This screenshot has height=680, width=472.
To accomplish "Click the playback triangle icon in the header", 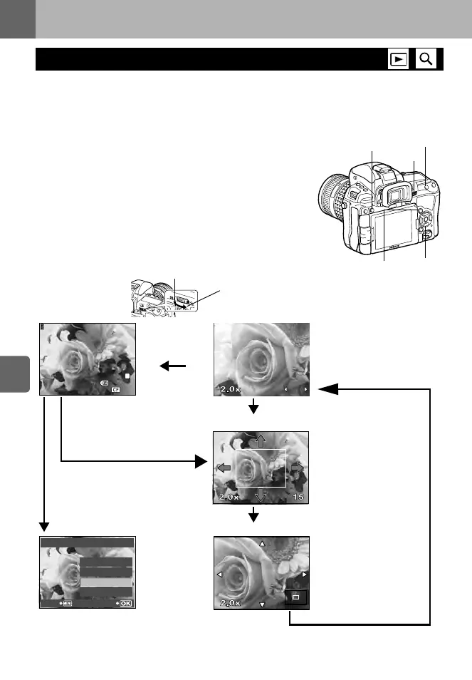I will pyautogui.click(x=399, y=59).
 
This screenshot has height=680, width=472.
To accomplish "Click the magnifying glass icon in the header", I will pyautogui.click(x=426, y=59).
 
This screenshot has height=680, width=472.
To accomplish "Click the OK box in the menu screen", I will pyautogui.click(x=125, y=603).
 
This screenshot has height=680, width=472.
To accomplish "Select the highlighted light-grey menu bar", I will pyautogui.click(x=105, y=582).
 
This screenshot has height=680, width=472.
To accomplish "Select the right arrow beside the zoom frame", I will pyautogui.click(x=298, y=468).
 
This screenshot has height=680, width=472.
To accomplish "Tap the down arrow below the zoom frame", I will pyautogui.click(x=260, y=495).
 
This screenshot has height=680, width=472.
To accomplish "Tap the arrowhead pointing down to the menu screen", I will pyautogui.click(x=45, y=526).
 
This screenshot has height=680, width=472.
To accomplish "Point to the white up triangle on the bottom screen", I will pyautogui.click(x=262, y=544).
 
